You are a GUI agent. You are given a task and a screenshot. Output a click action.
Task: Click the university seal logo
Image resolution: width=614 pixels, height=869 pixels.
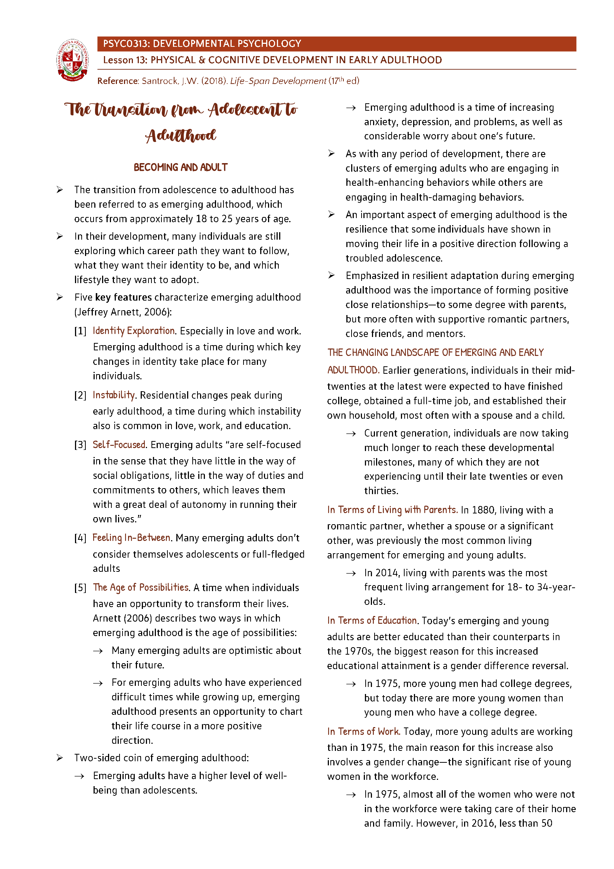(73, 60)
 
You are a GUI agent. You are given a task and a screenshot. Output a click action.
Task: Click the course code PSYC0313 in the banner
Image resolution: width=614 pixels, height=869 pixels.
(126, 44)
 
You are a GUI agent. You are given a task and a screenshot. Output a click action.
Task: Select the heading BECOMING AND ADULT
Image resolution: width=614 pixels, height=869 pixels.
(180, 167)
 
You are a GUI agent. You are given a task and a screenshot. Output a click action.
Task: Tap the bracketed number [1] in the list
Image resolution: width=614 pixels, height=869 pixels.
(80, 331)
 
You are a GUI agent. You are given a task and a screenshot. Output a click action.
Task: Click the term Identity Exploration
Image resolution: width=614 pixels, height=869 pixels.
(134, 331)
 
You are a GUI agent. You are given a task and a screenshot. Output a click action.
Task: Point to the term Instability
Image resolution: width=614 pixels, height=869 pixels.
(114, 395)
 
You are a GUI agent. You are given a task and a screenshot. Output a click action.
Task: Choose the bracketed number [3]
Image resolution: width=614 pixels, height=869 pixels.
(80, 445)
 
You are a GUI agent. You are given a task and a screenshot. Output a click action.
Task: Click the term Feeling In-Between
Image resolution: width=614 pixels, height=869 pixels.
(131, 538)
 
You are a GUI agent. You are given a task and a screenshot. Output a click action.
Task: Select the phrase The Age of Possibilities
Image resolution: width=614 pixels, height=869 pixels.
(141, 587)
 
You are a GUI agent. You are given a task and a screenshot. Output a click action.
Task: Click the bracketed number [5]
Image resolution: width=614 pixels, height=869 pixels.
(80, 588)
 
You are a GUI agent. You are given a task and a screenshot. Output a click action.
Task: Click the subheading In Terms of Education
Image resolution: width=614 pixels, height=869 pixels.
(372, 621)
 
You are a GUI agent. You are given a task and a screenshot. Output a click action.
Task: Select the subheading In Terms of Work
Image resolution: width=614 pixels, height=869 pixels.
(363, 732)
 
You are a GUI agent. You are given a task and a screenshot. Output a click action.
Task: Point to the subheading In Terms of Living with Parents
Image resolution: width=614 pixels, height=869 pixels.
(392, 510)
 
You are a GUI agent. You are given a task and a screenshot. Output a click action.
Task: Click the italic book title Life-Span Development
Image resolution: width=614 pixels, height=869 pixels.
(278, 81)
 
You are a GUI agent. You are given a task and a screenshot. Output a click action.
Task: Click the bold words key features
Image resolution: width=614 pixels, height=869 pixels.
(123, 298)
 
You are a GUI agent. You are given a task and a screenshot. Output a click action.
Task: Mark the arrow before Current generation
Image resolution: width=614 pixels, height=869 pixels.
(351, 434)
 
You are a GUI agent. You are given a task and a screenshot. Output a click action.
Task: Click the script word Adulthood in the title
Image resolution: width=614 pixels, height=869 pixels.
(180, 136)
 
